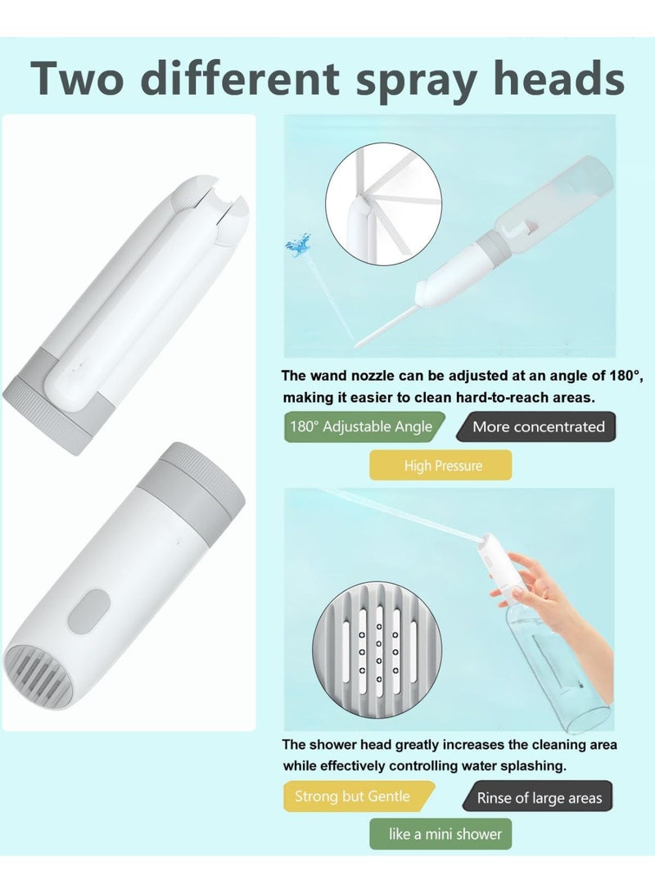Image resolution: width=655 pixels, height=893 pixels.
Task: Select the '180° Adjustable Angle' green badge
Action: (364, 426)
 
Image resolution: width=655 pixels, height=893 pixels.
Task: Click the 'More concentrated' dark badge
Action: (536, 426)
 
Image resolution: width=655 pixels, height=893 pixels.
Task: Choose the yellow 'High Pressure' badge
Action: (440, 465)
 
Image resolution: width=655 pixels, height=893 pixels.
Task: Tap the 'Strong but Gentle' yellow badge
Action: (359, 796)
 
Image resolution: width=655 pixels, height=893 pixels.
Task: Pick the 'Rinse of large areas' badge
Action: (537, 796)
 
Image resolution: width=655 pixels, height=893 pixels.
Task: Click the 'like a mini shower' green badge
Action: (440, 834)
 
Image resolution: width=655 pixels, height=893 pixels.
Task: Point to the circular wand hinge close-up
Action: (383, 204)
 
